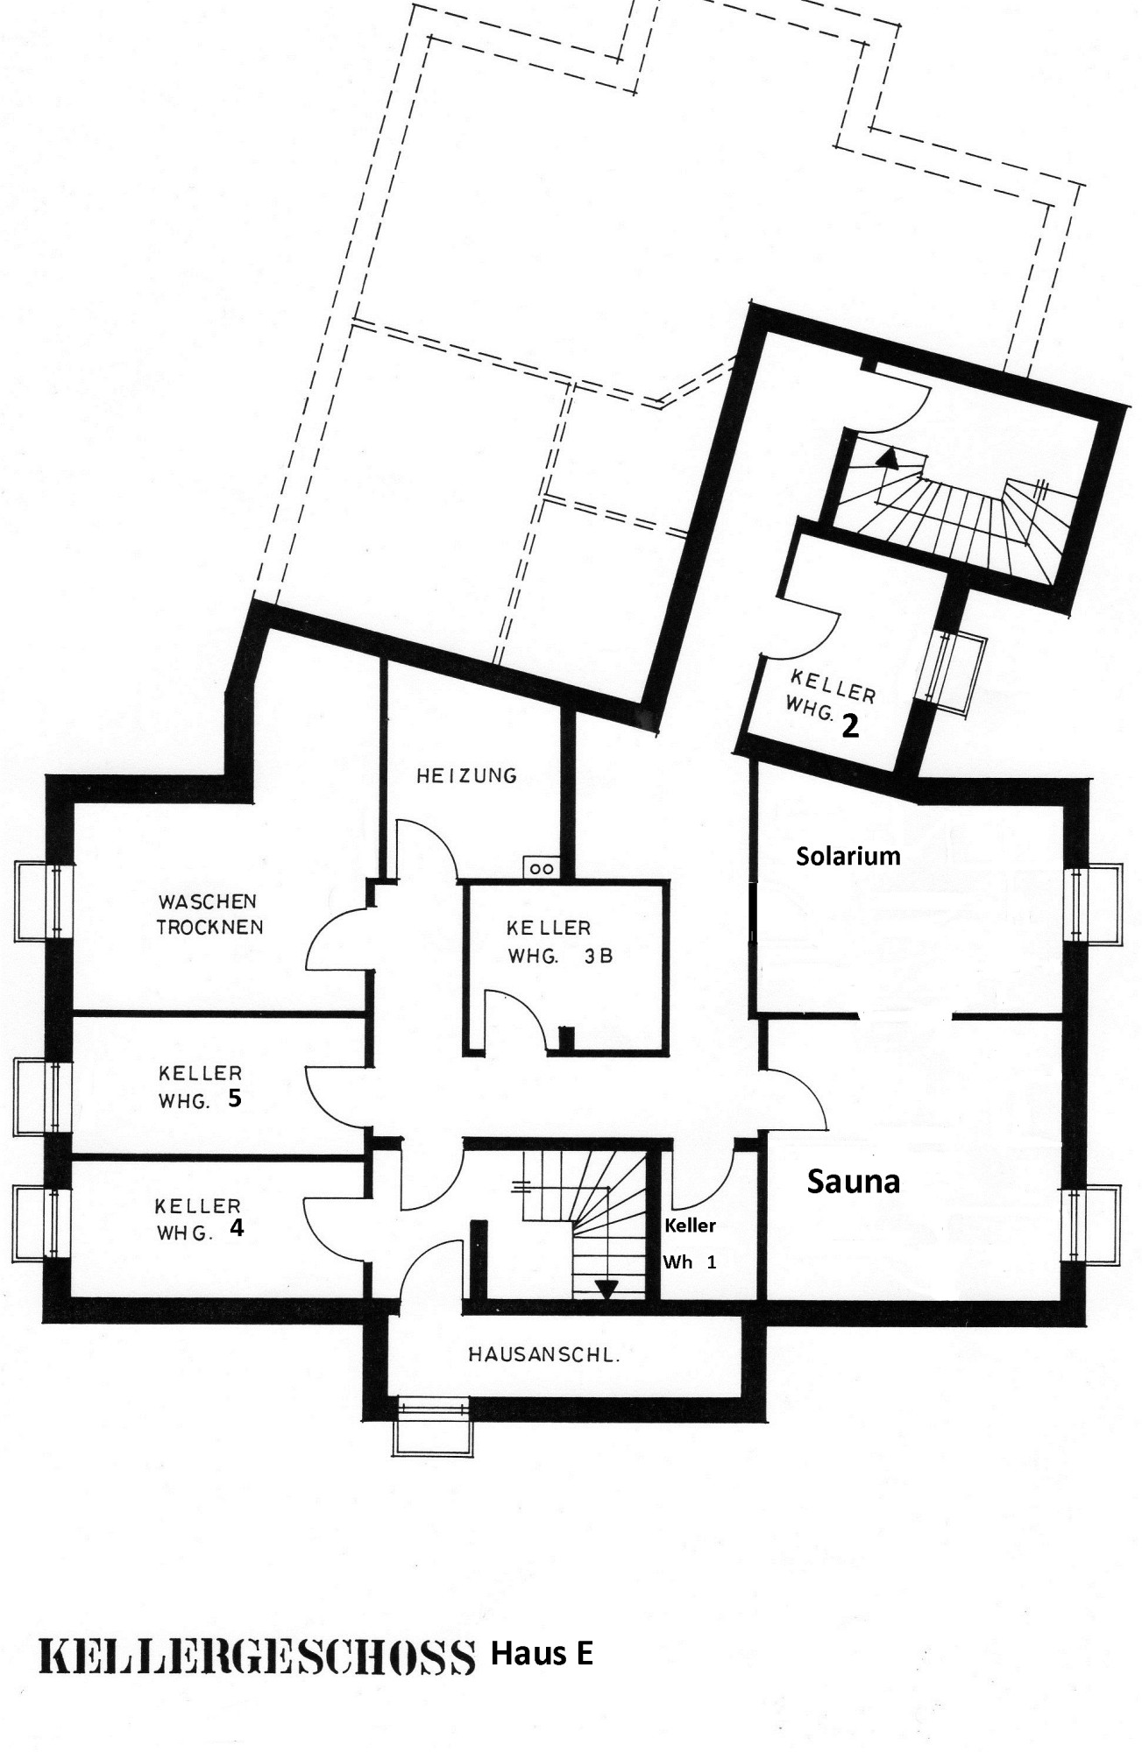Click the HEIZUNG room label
pyautogui.click(x=466, y=775)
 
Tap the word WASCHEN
pyautogui.click(x=207, y=901)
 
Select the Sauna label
pyautogui.click(x=853, y=1183)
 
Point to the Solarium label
pyautogui.click(x=848, y=856)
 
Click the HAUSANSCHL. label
pyautogui.click(x=543, y=1355)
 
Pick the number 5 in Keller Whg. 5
pyautogui.click(x=234, y=1099)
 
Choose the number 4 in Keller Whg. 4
pyautogui.click(x=237, y=1228)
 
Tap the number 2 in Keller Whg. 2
pyautogui.click(x=849, y=726)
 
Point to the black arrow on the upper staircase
pyautogui.click(x=890, y=457)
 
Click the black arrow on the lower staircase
pyautogui.click(x=606, y=1288)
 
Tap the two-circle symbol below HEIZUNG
pyautogui.click(x=541, y=868)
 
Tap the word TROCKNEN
pyautogui.click(x=210, y=927)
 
